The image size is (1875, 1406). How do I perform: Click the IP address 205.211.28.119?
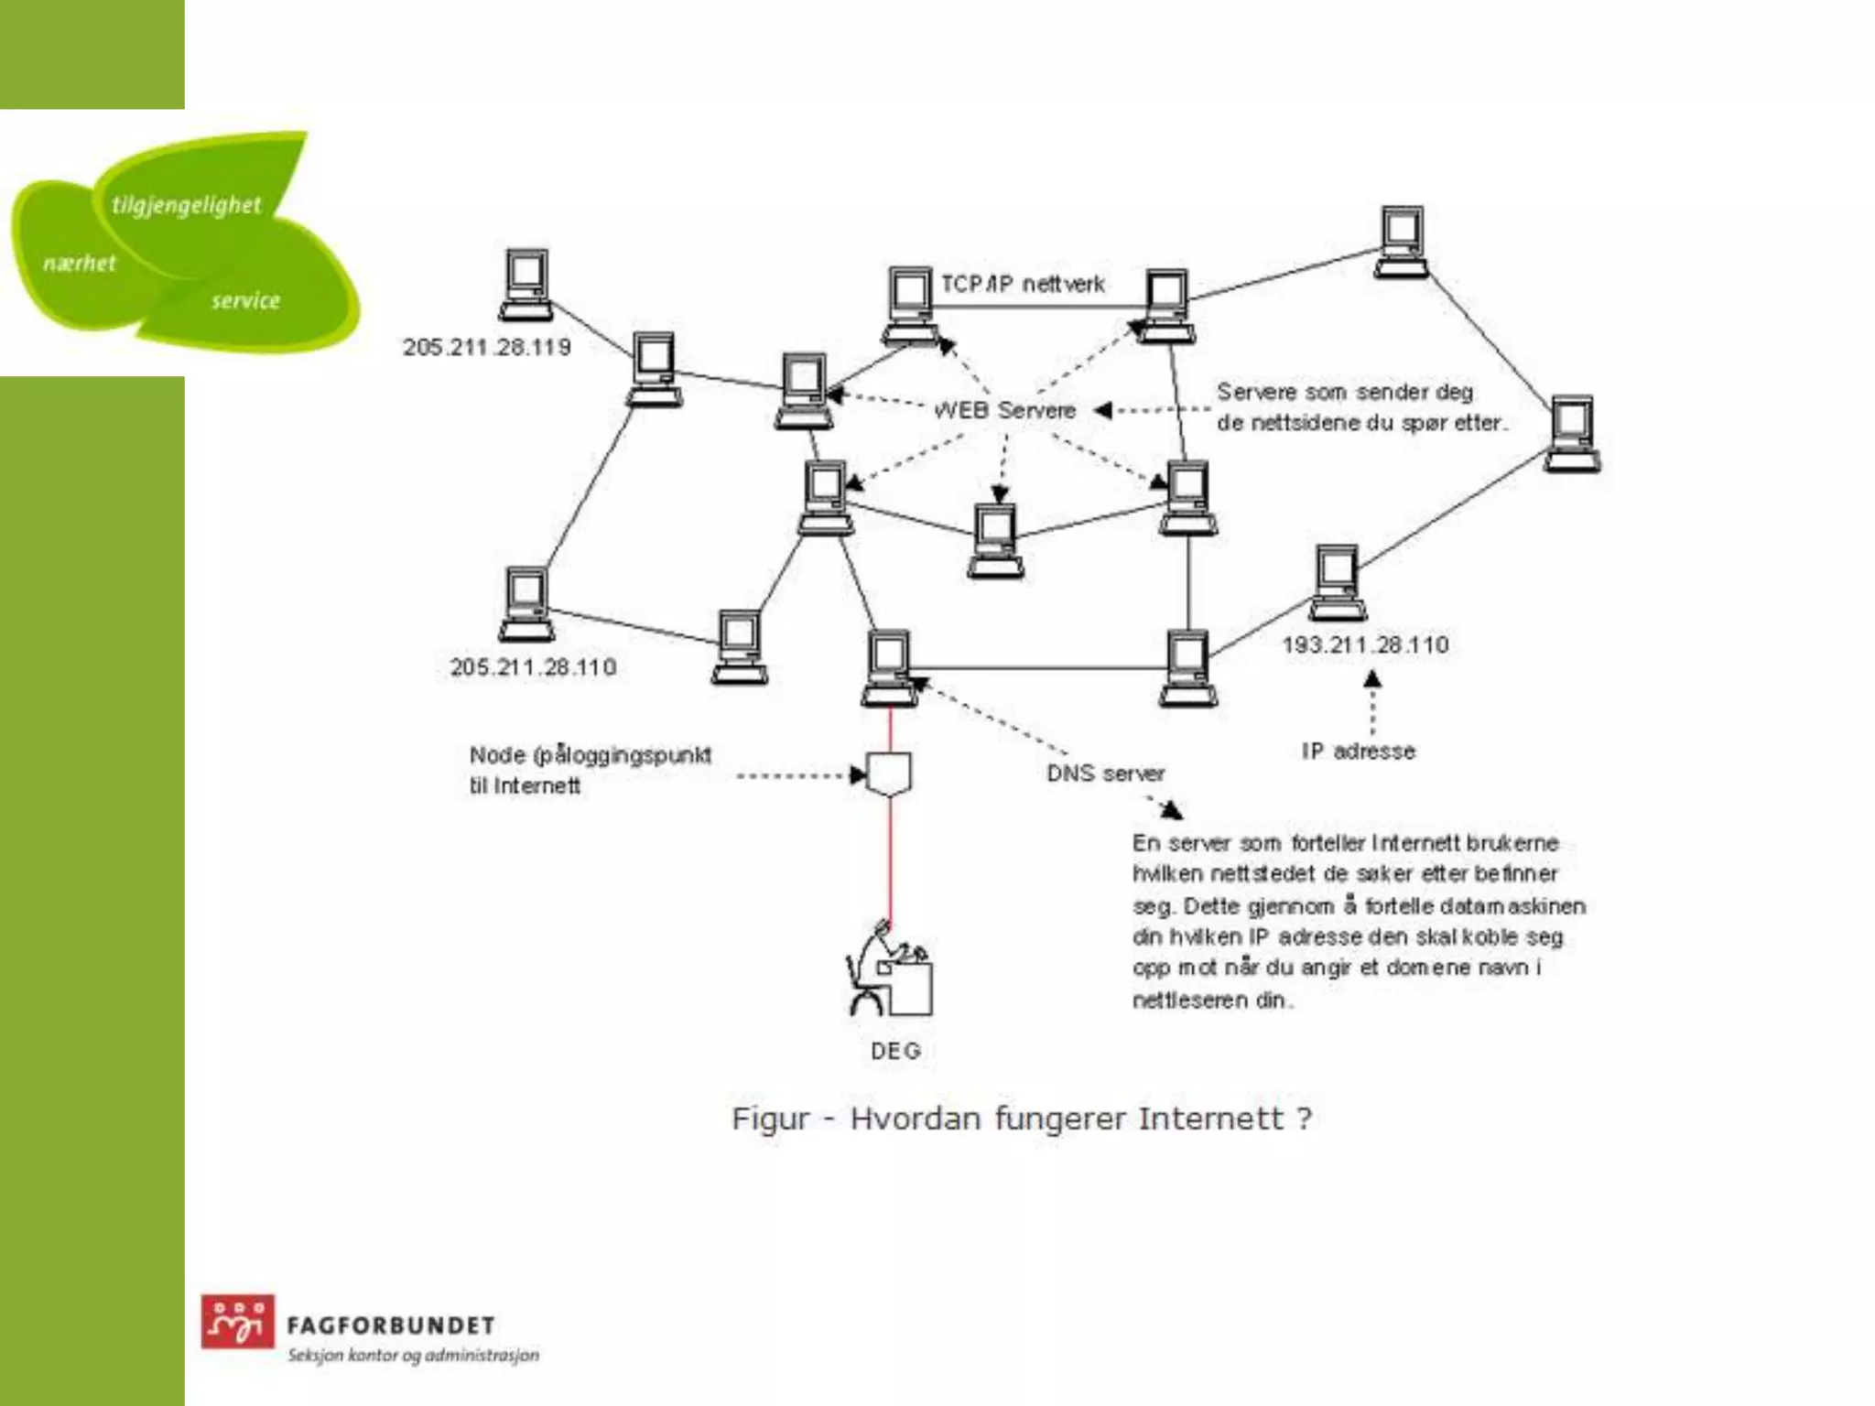[x=486, y=348]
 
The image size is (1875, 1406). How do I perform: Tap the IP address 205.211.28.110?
[x=533, y=667]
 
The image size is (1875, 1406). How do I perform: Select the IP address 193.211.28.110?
[x=1365, y=645]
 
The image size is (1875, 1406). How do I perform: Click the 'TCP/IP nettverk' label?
[x=1023, y=285]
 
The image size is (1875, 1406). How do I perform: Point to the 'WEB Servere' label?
[x=1004, y=410]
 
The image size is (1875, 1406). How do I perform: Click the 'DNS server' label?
[x=1105, y=774]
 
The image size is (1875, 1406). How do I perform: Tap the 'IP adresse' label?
[x=1358, y=752]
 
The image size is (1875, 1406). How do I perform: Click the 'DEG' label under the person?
[x=894, y=1051]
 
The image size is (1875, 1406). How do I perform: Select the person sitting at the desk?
[x=887, y=970]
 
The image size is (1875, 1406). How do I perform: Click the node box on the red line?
[x=889, y=774]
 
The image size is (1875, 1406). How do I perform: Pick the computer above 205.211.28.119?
[x=526, y=285]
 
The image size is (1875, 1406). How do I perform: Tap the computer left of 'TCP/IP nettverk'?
[x=909, y=305]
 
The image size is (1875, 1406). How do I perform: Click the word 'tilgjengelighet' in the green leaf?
[x=186, y=205]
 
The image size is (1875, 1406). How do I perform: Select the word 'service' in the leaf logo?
[x=245, y=300]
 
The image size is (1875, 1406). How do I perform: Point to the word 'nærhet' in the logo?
[x=80, y=264]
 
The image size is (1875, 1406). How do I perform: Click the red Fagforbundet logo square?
[x=237, y=1321]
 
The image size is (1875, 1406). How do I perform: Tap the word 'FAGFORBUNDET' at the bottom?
[x=391, y=1325]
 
